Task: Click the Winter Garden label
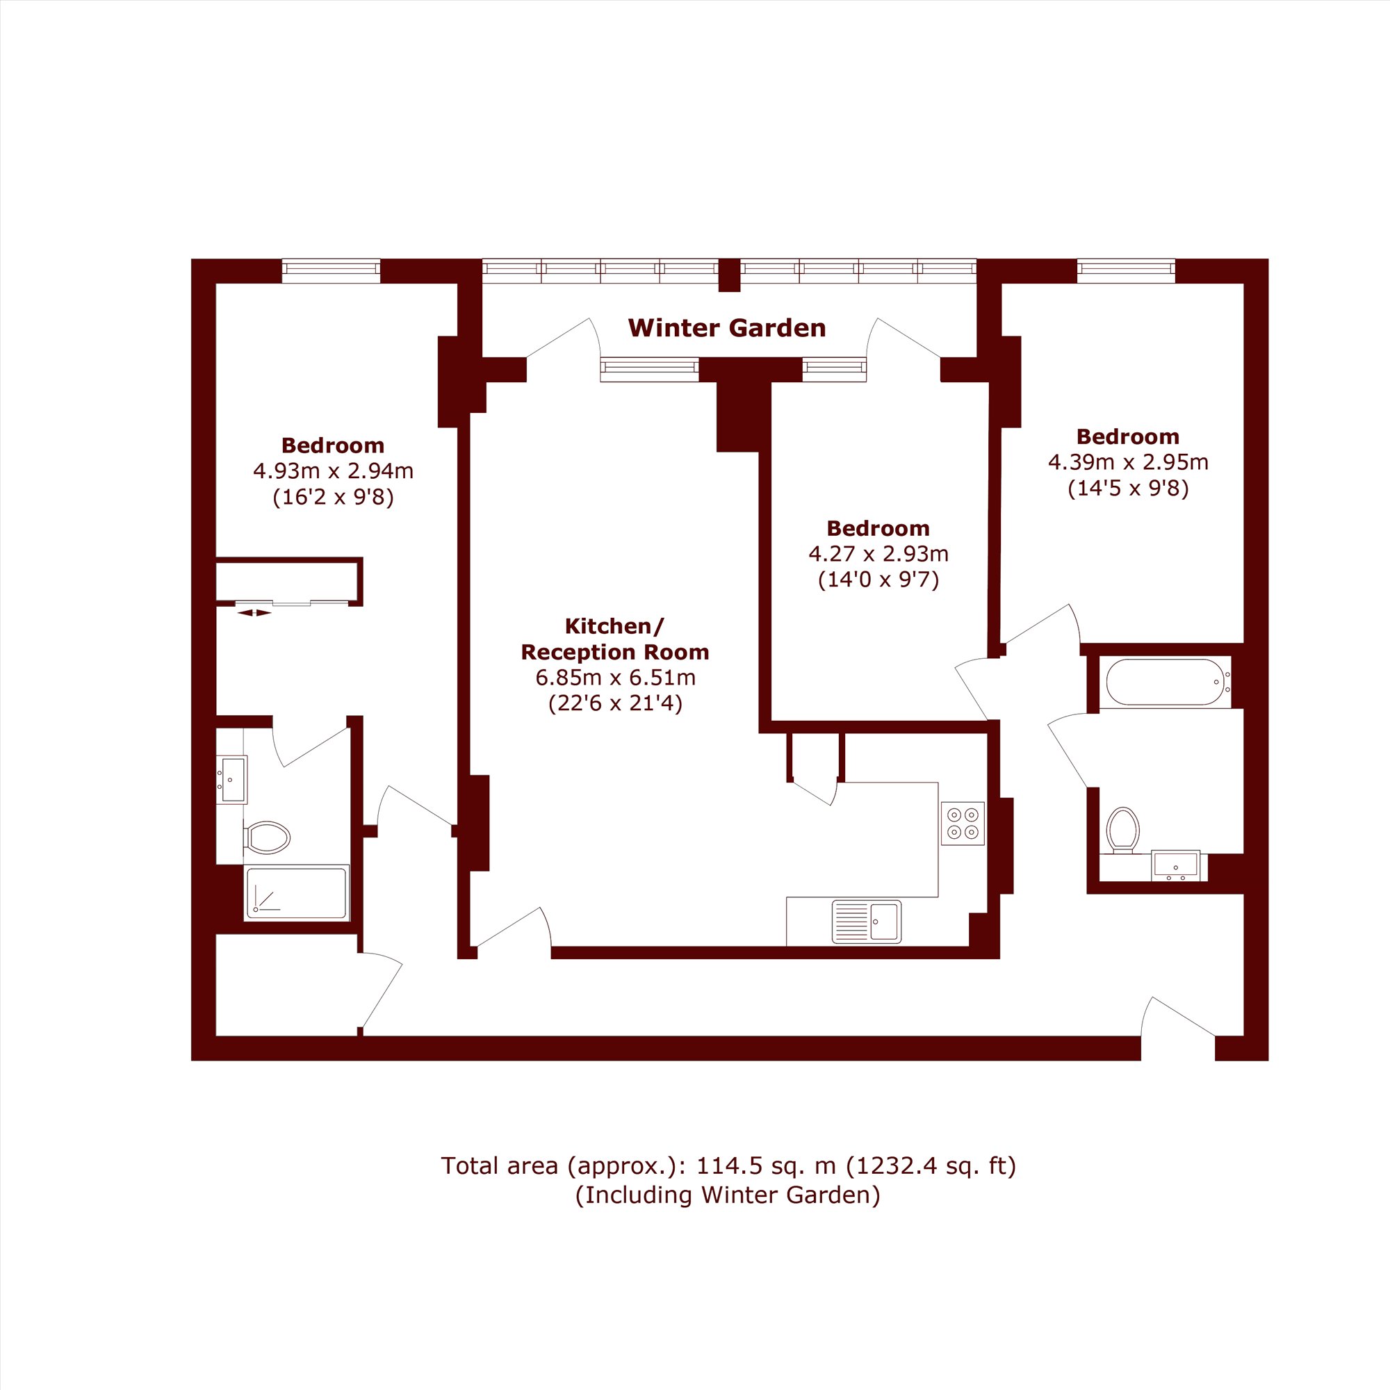coord(727,328)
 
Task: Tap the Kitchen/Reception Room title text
coord(614,639)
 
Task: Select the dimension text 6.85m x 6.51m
coord(615,677)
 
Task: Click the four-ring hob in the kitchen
coord(963,823)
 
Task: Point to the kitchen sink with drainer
coord(866,921)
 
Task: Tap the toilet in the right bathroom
coord(1123,831)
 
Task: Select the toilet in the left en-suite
coord(267,837)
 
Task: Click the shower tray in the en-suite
coord(297,893)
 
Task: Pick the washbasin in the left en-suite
coord(231,779)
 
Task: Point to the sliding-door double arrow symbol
coord(254,613)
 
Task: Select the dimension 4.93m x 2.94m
coord(333,471)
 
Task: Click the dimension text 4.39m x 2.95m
coord(1128,462)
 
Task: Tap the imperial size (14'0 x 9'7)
coord(878,580)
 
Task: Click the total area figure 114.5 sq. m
coord(765,1166)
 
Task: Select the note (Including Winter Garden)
coord(728,1195)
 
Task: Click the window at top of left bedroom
coord(331,270)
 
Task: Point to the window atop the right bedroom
coord(1126,270)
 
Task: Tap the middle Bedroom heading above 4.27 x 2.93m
coord(878,528)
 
